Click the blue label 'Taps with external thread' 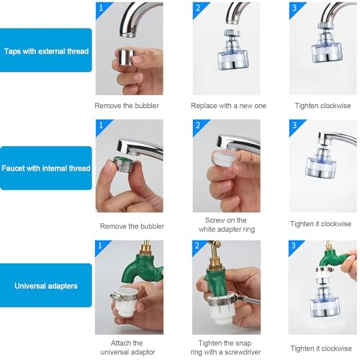pyautogui.click(x=46, y=50)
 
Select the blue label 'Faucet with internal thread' pyautogui.click(x=46, y=168)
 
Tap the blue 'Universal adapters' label pyautogui.click(x=46, y=284)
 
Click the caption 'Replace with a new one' pyautogui.click(x=228, y=106)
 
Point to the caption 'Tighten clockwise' pyautogui.click(x=323, y=106)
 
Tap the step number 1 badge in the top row pyautogui.click(x=102, y=9)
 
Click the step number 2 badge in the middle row pyautogui.click(x=199, y=126)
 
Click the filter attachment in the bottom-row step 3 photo pyautogui.click(x=323, y=302)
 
